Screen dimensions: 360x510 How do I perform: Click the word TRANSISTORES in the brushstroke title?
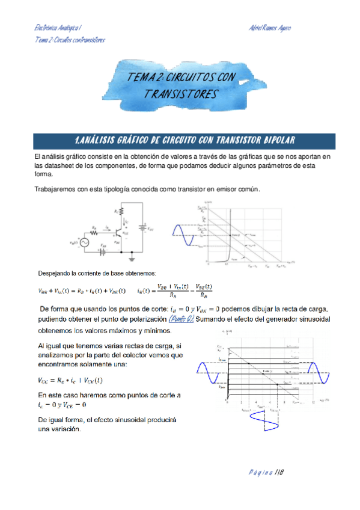click(x=180, y=94)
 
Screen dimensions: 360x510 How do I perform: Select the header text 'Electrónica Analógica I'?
click(x=59, y=28)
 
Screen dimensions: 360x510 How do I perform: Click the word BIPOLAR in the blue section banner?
click(x=274, y=140)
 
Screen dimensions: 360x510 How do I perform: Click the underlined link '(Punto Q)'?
click(x=181, y=319)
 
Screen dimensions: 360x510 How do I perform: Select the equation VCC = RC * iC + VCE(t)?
click(x=70, y=380)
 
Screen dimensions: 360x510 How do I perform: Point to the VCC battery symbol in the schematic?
click(x=143, y=229)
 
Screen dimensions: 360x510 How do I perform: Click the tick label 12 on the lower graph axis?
click(x=313, y=399)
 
